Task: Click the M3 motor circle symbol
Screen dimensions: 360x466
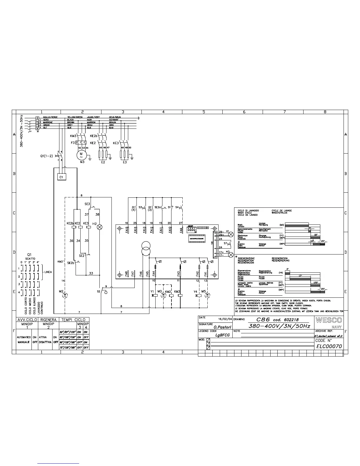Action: click(81, 155)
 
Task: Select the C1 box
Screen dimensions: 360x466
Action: click(61, 177)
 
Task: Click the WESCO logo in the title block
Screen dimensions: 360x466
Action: click(329, 320)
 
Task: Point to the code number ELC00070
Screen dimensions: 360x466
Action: click(329, 346)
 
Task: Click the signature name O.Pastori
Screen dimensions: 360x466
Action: click(222, 327)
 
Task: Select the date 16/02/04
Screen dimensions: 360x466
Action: click(225, 319)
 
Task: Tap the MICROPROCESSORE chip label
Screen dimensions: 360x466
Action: click(197, 238)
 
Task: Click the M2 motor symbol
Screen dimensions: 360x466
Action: click(66, 295)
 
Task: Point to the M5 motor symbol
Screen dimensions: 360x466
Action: click(208, 295)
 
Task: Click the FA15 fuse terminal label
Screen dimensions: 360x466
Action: click(126, 229)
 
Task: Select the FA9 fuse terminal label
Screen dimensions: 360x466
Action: click(181, 229)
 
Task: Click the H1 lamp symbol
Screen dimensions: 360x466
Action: click(231, 234)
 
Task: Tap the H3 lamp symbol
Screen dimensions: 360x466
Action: click(231, 254)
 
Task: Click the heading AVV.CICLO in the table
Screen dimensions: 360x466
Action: click(27, 319)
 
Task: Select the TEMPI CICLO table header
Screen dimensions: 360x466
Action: click(73, 319)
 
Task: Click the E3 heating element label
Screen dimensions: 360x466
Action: click(125, 162)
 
